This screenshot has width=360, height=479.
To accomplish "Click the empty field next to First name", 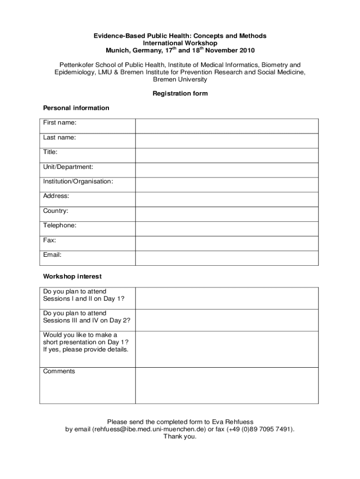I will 227,126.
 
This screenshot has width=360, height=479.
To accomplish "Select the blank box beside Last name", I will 227,140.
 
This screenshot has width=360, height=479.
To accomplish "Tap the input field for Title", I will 227,155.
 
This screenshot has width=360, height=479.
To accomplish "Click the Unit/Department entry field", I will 227,170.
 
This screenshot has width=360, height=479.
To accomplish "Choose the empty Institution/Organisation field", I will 227,184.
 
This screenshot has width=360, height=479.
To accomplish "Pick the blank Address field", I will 227,199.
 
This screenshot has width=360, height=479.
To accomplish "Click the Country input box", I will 227,214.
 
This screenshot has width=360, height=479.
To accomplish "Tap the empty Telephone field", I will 227,228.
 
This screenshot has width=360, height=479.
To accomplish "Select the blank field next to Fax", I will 227,243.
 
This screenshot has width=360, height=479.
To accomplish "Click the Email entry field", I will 227,258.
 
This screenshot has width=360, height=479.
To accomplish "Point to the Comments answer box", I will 227,385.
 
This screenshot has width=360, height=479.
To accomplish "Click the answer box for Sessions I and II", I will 227,298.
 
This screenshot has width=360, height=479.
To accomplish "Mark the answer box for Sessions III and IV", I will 227,320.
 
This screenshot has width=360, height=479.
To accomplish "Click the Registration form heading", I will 180,94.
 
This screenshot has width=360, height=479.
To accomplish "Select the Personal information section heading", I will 76,108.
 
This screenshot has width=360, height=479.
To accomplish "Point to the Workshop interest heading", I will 72,276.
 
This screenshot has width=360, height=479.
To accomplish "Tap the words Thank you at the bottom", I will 180,436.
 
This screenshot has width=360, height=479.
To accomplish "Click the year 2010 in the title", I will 247,51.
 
